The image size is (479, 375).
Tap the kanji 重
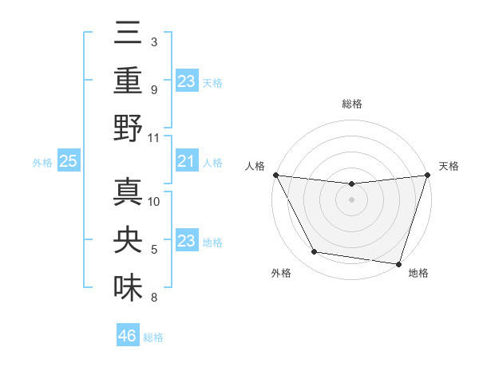(129, 81)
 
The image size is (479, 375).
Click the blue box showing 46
(128, 336)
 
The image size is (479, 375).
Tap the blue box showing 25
(69, 162)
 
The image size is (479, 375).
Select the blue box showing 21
(187, 162)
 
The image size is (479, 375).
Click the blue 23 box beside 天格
(187, 81)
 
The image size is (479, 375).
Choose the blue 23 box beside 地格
(187, 242)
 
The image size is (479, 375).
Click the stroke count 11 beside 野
(155, 137)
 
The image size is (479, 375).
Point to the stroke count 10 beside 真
(155, 201)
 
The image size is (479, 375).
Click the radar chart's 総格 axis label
(352, 104)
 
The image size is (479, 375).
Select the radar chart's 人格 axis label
(256, 166)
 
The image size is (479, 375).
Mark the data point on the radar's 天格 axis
(427, 175)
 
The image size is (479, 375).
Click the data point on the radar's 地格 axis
(398, 263)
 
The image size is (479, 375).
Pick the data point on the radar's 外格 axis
(315, 252)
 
